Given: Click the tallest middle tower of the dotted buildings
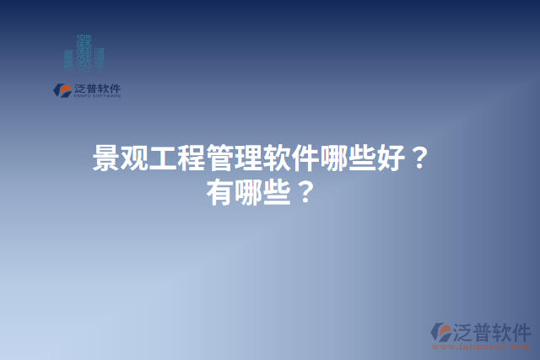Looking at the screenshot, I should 84,52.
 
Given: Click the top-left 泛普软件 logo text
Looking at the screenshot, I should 97,87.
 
